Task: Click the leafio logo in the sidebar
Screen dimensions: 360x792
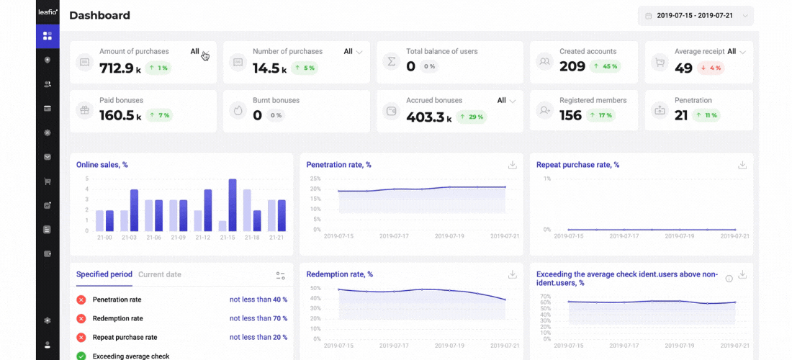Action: [x=48, y=12]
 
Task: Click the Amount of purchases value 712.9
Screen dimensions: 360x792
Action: [x=117, y=68]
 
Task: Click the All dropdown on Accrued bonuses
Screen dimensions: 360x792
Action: [x=507, y=101]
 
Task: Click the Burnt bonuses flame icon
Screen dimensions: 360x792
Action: [x=238, y=111]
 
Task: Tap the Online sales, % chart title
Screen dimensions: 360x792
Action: [x=102, y=165]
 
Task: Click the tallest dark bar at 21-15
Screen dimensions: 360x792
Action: [x=233, y=204]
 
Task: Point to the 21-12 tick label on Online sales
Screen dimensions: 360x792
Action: [x=202, y=238]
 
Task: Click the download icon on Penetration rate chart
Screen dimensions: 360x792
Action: [x=513, y=165]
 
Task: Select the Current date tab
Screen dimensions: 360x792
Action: [x=160, y=274]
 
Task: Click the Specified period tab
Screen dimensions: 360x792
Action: [x=104, y=274]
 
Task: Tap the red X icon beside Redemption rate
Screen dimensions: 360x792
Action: [x=81, y=318]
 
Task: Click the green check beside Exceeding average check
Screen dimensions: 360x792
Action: [x=81, y=356]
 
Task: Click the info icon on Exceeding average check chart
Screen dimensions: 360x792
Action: [x=729, y=279]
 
